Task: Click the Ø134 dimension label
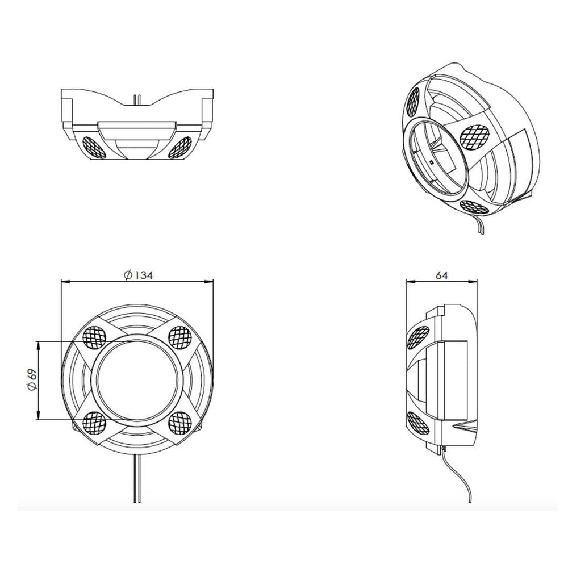(138, 275)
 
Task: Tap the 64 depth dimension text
(441, 275)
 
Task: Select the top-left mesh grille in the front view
(94, 337)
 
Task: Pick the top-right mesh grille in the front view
(180, 337)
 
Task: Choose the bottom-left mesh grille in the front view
(94, 423)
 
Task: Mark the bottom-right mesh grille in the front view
(180, 423)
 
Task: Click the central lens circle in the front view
(137, 381)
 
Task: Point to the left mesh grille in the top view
(94, 147)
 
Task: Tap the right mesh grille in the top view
(180, 147)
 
